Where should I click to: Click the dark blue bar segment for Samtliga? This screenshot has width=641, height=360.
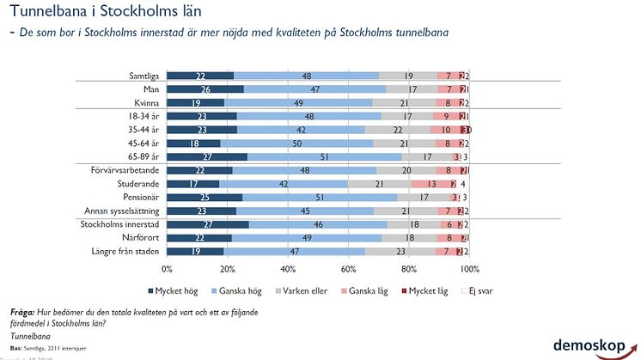(199, 76)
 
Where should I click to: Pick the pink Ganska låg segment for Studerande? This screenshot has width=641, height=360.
(430, 184)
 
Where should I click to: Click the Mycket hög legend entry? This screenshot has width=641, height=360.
(199, 290)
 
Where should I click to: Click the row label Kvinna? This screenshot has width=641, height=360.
(143, 103)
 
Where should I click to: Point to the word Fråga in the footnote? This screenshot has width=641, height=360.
(21, 312)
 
